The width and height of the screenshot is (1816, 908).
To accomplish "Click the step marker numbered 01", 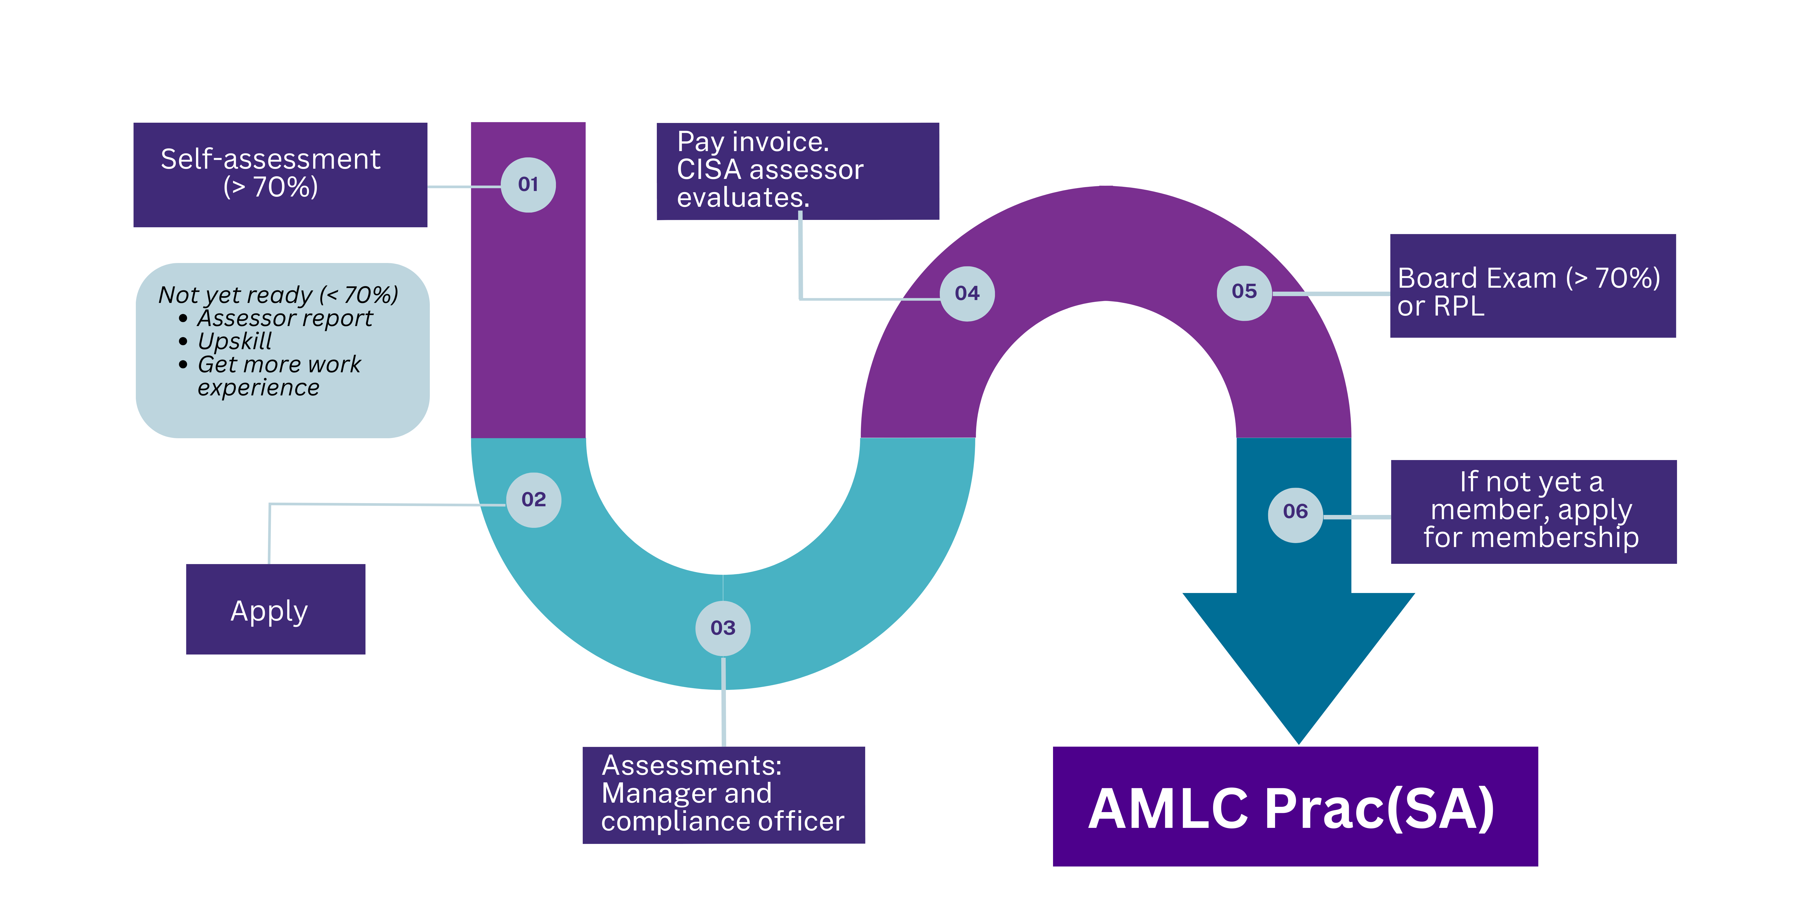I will [x=528, y=185].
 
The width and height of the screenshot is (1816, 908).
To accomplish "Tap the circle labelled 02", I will [x=534, y=500].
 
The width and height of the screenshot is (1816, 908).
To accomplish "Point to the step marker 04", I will [x=967, y=293].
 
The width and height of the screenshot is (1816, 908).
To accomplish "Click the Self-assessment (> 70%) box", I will [x=280, y=175].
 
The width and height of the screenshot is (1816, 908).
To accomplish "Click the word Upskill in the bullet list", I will [x=235, y=341].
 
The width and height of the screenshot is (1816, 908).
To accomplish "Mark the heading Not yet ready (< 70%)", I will [x=278, y=294].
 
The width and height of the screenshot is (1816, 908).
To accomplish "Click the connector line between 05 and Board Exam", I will [x=1331, y=293].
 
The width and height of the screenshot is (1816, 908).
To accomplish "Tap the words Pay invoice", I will [x=752, y=142].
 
